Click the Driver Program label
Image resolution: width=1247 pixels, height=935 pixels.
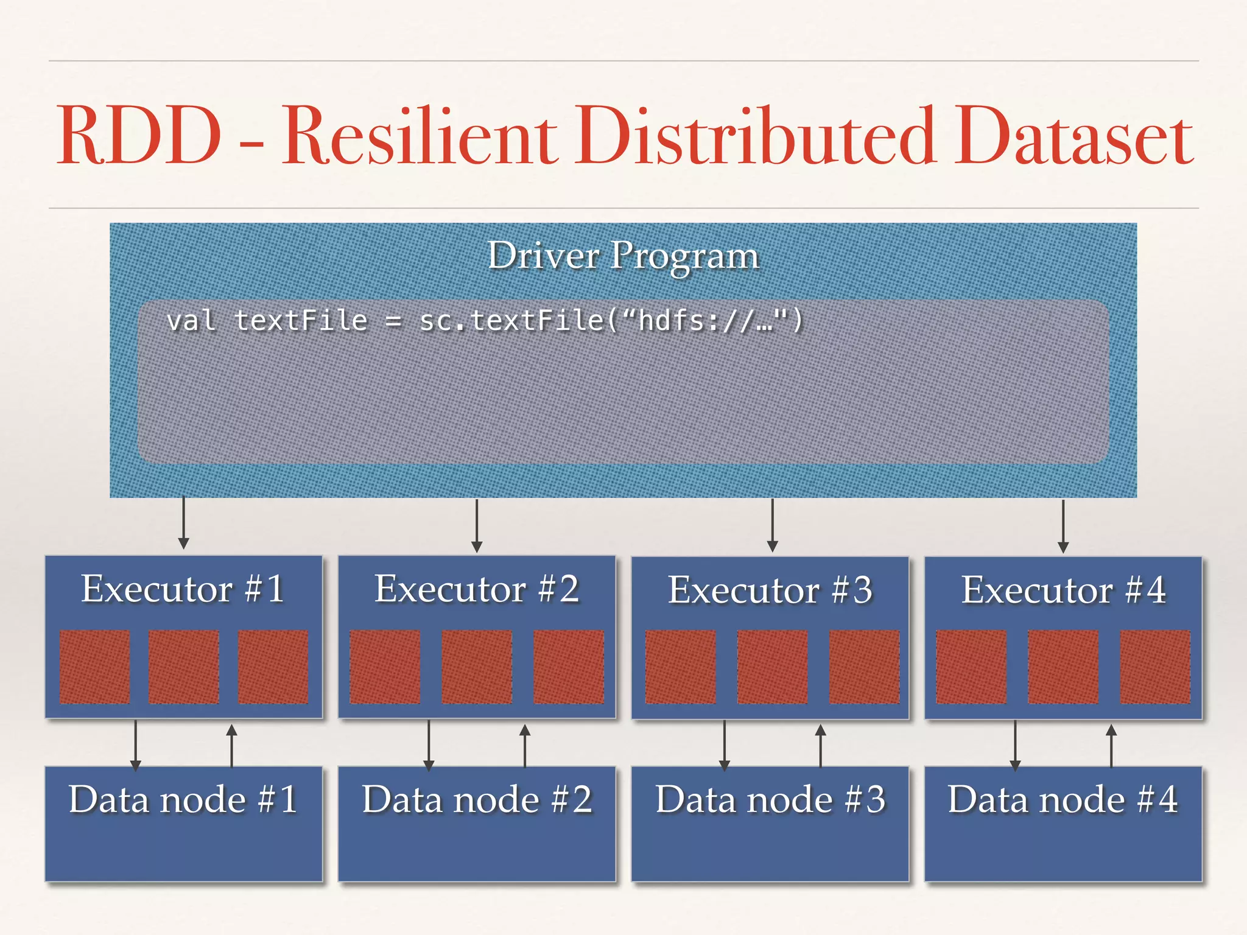coord(623,256)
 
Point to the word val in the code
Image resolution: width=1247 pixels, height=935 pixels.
coord(191,321)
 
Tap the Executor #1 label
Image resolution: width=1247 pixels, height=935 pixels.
coord(183,589)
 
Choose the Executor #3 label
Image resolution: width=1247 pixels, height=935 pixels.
coord(770,590)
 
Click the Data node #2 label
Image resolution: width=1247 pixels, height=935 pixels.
coord(477,799)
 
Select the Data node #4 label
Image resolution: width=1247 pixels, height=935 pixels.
coord(1063,799)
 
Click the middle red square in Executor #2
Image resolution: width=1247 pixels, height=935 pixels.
coord(477,667)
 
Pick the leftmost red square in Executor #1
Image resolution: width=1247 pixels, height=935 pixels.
coord(94,667)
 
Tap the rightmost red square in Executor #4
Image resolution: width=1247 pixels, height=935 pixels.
coord(1154,667)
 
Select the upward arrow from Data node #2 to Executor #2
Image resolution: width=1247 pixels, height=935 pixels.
coord(525,745)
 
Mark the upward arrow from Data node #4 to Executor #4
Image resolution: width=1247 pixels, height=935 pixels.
coord(1111,745)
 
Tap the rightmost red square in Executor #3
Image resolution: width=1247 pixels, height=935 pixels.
coord(864,667)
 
